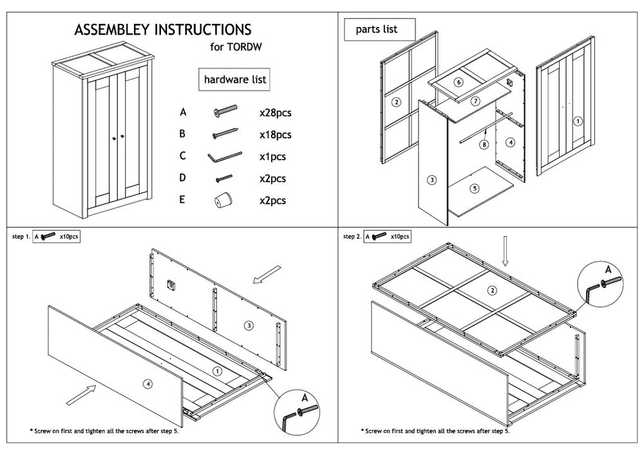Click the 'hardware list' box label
tap(235, 80)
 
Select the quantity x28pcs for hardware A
tap(275, 113)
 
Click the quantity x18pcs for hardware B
tap(275, 135)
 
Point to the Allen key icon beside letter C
tap(224, 156)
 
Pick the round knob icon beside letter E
tap(222, 200)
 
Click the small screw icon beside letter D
tap(223, 178)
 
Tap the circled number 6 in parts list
tap(458, 82)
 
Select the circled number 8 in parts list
tap(484, 145)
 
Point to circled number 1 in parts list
tap(578, 120)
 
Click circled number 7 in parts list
tap(475, 101)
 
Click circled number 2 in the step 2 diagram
tap(493, 291)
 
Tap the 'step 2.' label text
tap(352, 237)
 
